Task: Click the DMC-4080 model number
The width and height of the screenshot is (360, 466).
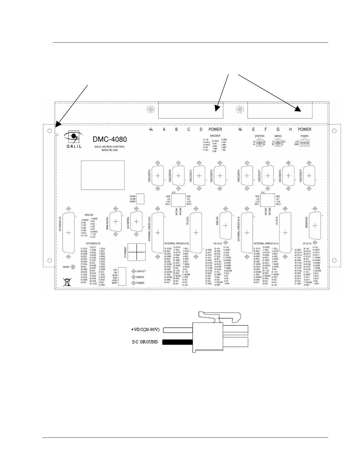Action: click(x=110, y=139)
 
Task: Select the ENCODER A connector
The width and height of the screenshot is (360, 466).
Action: click(x=158, y=176)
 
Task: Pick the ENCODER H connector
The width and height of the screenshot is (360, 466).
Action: click(x=309, y=176)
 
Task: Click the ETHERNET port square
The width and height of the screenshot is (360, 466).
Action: click(x=137, y=252)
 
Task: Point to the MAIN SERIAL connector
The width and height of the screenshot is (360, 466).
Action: click(x=116, y=222)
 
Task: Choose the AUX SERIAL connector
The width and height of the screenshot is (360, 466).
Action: click(x=136, y=222)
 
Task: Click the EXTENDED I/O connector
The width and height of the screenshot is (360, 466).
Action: click(x=69, y=232)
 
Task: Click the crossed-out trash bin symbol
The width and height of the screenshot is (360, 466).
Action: click(x=68, y=282)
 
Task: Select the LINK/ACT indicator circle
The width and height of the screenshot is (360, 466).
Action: click(x=134, y=271)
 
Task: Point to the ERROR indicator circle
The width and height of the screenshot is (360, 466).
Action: click(x=134, y=277)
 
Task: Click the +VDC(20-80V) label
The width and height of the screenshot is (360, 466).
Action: click(x=145, y=329)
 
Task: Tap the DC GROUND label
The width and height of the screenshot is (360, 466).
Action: click(x=145, y=342)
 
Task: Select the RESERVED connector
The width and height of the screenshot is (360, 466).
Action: click(x=315, y=225)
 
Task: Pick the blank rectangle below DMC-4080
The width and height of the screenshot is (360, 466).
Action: click(x=103, y=175)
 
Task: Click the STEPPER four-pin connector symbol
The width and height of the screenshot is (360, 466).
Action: click(x=260, y=143)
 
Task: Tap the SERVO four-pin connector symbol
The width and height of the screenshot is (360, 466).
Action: click(x=278, y=143)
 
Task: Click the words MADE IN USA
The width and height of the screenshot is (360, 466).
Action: click(x=109, y=150)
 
